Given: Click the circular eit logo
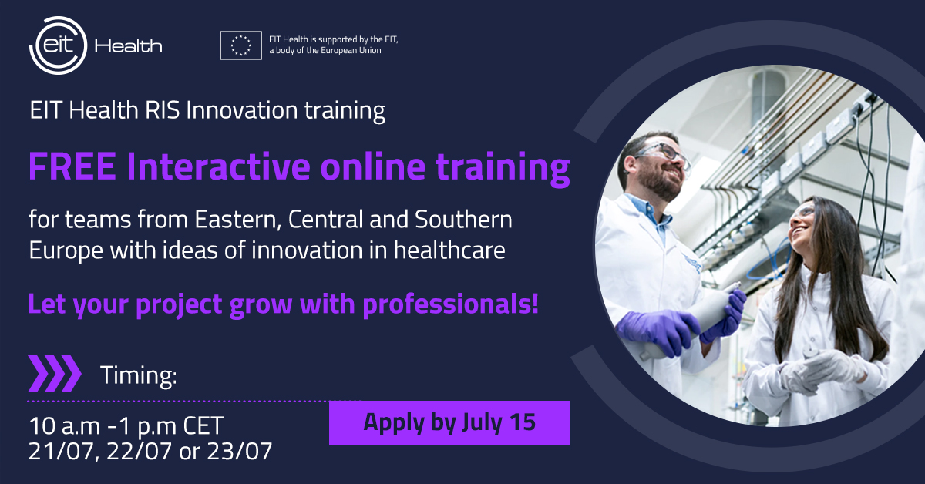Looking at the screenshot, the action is [59, 45].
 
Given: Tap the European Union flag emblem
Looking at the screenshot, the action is [240, 45].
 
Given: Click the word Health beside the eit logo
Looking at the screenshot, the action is [129, 45].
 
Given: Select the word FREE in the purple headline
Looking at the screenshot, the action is [72, 166].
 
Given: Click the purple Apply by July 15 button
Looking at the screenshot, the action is [449, 422].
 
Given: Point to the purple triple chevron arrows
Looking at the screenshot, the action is [55, 374].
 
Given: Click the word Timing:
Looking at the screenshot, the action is [139, 375].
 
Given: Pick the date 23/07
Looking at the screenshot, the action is [240, 451].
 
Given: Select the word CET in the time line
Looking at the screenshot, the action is [203, 425].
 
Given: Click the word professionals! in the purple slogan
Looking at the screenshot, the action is [450, 304].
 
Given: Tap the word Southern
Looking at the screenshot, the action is [463, 219].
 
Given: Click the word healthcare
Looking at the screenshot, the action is [449, 250].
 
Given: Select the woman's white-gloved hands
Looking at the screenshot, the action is [822, 369].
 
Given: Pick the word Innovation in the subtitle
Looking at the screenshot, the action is [241, 110].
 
